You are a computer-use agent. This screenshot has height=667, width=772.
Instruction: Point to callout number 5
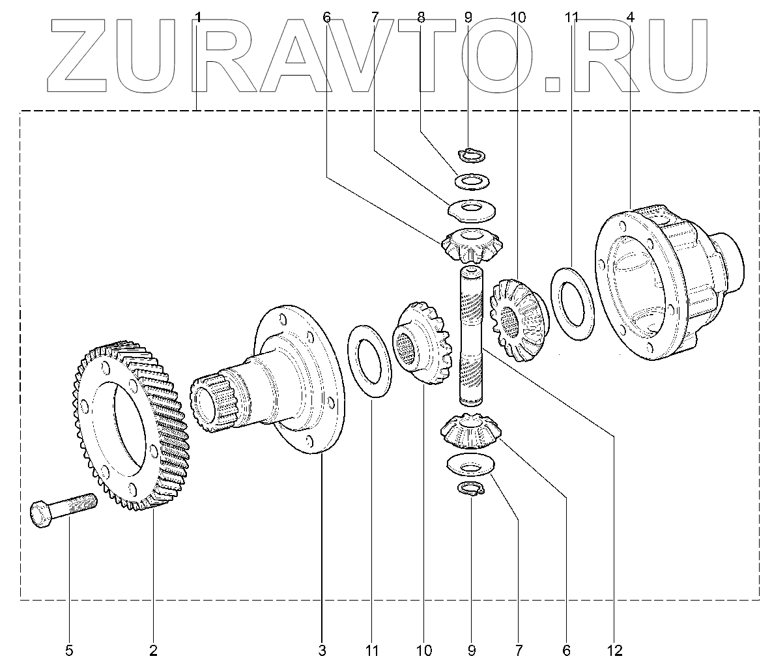pyautogui.click(x=69, y=649)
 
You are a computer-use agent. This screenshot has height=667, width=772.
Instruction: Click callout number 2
pyautogui.click(x=153, y=649)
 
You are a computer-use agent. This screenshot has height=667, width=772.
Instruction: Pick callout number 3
pyautogui.click(x=322, y=649)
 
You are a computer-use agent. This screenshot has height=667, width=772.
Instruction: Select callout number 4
pyautogui.click(x=631, y=18)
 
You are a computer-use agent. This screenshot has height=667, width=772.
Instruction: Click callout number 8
pyautogui.click(x=421, y=18)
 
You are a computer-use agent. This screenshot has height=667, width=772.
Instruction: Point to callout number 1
pyautogui.click(x=198, y=18)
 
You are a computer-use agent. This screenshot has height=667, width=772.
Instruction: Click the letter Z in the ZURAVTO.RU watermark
pyautogui.click(x=85, y=55)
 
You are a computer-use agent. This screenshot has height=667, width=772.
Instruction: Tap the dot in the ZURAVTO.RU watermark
pyautogui.click(x=554, y=83)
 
